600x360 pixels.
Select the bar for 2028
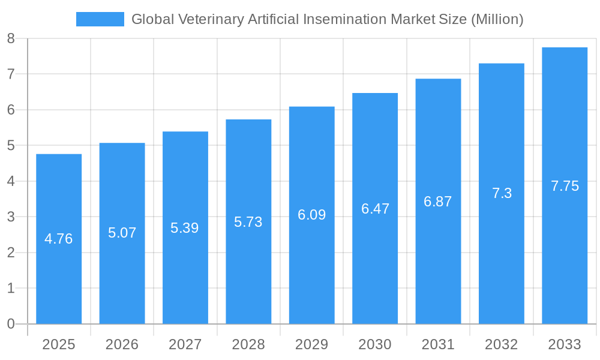(x=248, y=221)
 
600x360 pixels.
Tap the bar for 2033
(x=565, y=185)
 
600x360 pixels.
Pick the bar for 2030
(x=375, y=208)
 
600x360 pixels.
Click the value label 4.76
(x=59, y=239)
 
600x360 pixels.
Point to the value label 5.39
(x=185, y=228)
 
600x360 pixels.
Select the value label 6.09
(x=311, y=215)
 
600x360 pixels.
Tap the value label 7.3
(x=502, y=193)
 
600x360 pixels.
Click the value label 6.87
(x=438, y=202)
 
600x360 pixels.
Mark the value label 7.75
(x=565, y=186)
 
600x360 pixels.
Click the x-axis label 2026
(x=122, y=344)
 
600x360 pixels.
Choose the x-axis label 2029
(x=311, y=344)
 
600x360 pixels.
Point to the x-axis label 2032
(x=502, y=344)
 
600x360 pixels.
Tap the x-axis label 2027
(x=185, y=344)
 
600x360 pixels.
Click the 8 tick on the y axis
(x=11, y=39)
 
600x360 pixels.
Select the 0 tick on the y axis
(x=11, y=324)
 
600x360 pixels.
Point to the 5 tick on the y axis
(x=11, y=146)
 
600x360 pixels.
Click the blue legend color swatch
(x=100, y=19)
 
